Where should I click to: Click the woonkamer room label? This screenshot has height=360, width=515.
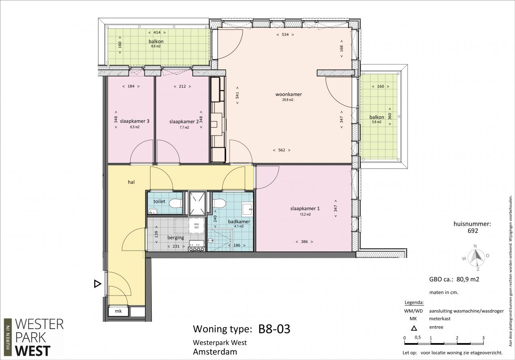click(x=288, y=94)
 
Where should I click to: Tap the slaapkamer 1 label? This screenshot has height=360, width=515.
click(x=305, y=208)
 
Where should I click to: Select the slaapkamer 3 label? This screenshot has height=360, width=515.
click(x=134, y=121)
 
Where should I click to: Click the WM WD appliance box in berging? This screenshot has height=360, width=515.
click(x=196, y=226)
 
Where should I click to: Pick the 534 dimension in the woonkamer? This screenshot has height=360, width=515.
click(x=285, y=35)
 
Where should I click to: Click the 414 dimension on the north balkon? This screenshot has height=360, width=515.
click(x=157, y=33)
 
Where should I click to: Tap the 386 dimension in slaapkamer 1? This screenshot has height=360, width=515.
click(x=304, y=242)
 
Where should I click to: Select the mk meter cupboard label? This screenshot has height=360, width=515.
click(x=118, y=311)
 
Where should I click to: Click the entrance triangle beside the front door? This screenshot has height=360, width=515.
click(x=97, y=284)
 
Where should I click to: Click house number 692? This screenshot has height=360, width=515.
click(x=473, y=230)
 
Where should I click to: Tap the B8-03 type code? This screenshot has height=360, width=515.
click(x=274, y=329)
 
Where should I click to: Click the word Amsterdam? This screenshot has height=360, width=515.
click(x=215, y=352)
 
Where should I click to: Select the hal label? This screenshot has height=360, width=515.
click(x=131, y=182)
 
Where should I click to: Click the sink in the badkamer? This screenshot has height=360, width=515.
click(x=247, y=209)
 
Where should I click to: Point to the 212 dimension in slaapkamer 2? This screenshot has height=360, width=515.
click(x=182, y=86)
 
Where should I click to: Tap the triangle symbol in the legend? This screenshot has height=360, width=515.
click(x=414, y=328)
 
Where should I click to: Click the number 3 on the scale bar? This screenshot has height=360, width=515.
click(x=483, y=338)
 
